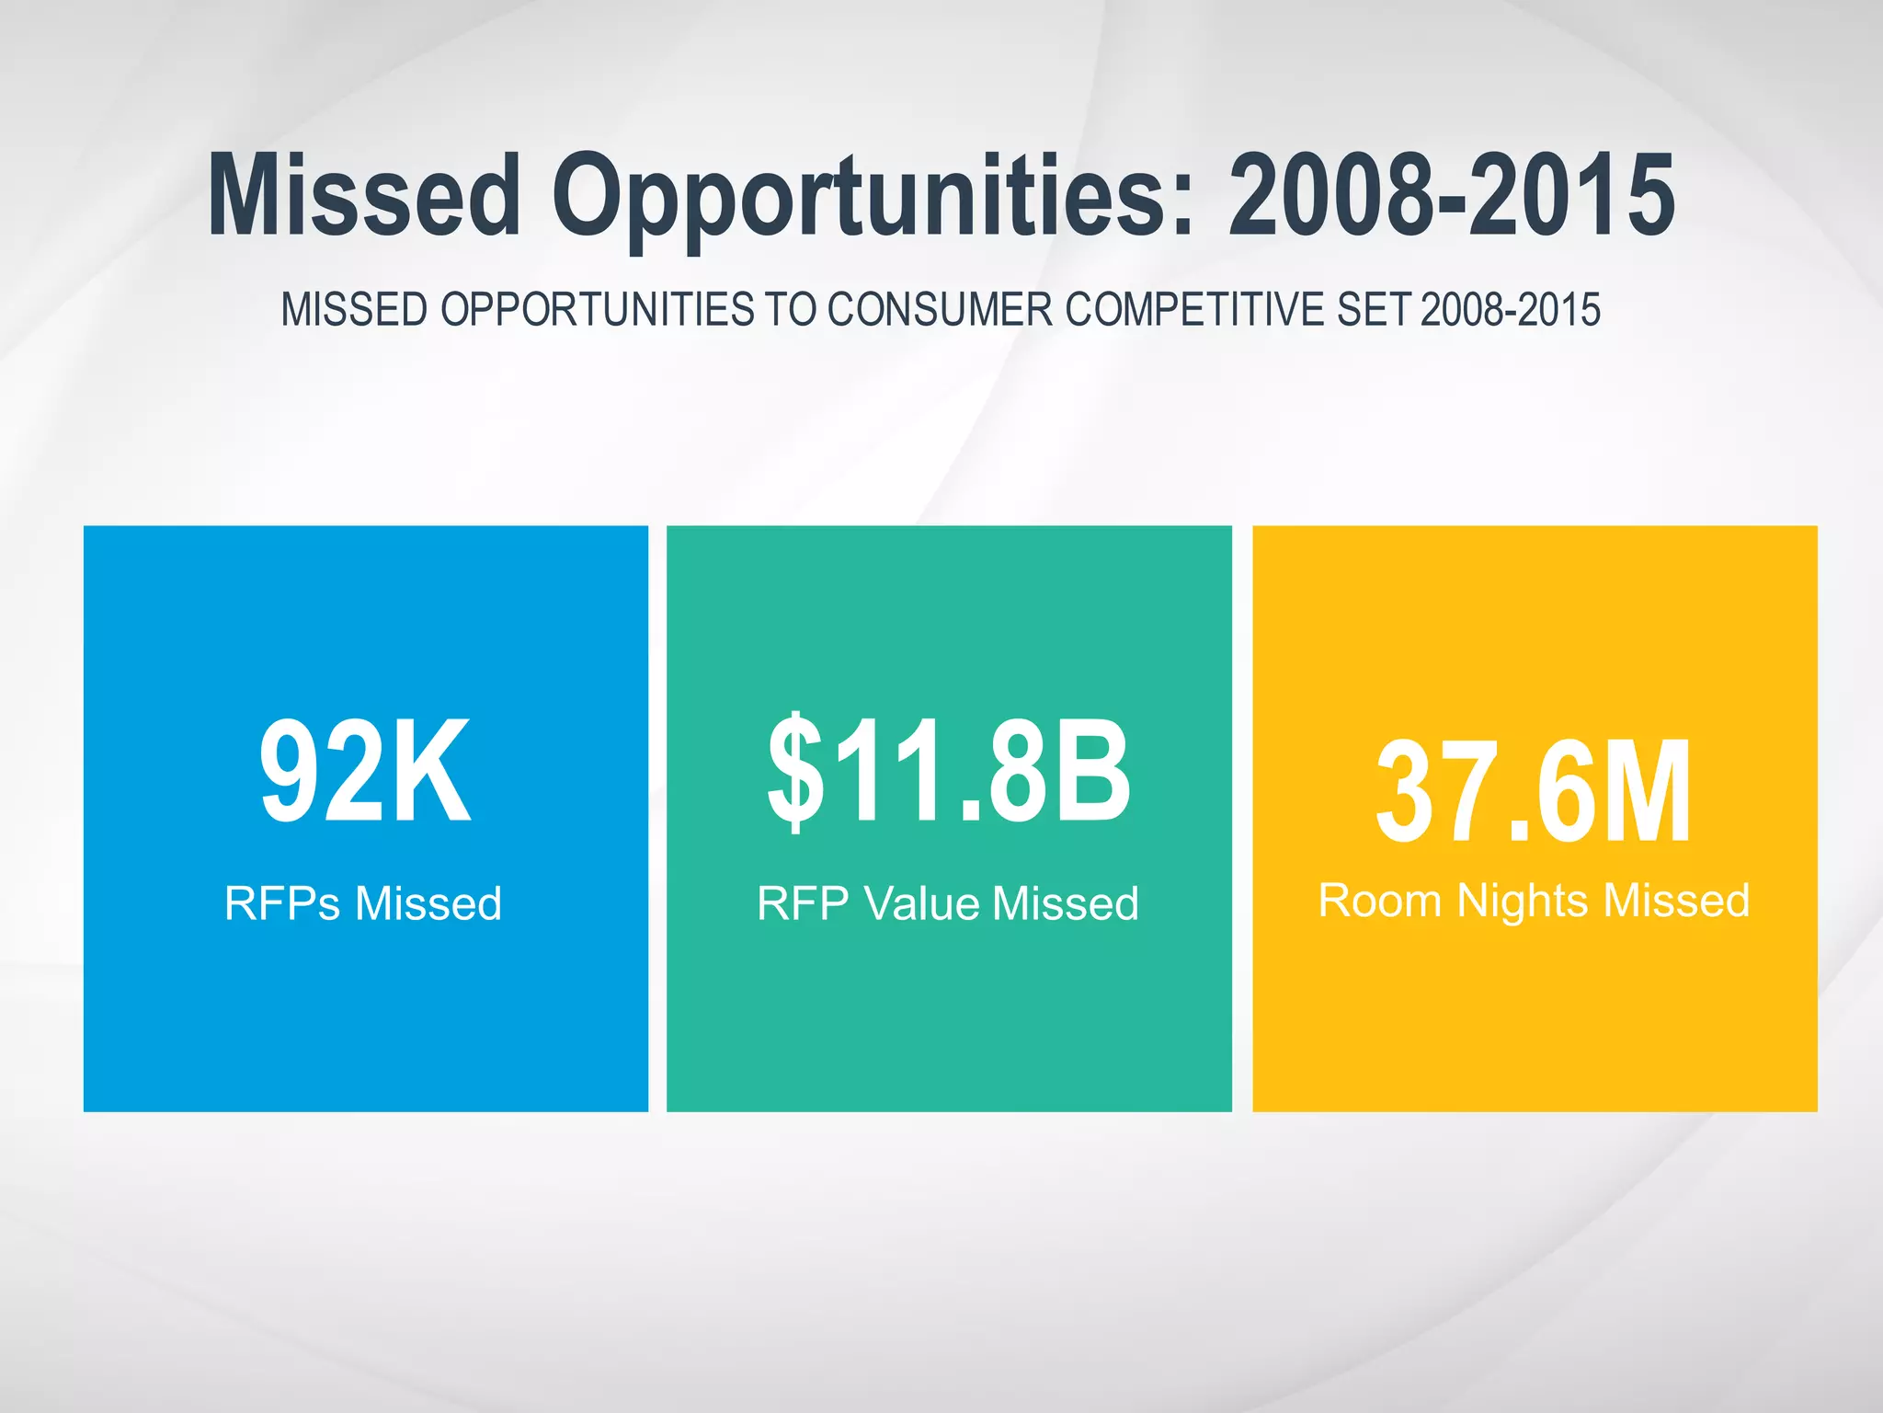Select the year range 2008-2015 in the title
coord(1452,195)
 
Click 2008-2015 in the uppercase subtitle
coord(1510,309)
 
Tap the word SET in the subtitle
coord(1373,309)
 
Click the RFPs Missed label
coord(363,902)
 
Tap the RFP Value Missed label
coord(948,902)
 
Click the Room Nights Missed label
coord(1534,900)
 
